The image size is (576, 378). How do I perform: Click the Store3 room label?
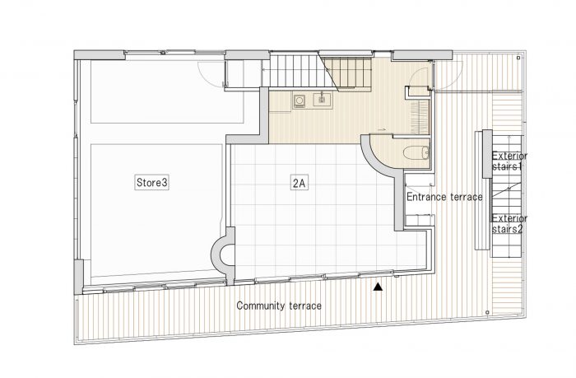point(152,182)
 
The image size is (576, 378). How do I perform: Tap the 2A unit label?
point(299,183)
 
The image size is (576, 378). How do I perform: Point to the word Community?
point(261,306)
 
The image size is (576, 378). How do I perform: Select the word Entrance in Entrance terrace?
point(425,197)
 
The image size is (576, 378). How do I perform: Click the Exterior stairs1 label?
point(509,161)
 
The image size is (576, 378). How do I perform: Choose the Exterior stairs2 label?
point(509,223)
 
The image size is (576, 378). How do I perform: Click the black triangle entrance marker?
point(378,287)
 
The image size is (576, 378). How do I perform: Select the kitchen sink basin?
point(323,100)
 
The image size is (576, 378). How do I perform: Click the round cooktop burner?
point(299,100)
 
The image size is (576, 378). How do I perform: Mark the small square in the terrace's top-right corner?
point(518,58)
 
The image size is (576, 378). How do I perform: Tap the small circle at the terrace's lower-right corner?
point(487,313)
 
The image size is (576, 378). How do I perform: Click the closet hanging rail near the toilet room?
point(420,117)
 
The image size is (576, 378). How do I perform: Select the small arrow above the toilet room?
point(382,130)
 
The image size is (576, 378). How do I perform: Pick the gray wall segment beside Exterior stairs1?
point(487,154)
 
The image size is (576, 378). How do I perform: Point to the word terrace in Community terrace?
point(305,306)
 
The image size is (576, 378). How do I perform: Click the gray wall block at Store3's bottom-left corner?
point(79,277)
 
